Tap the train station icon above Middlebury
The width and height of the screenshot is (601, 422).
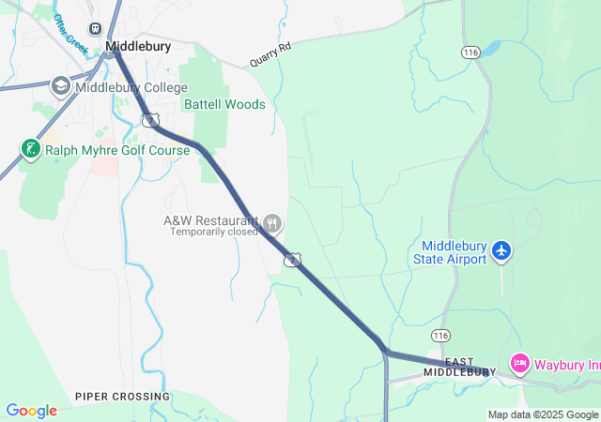95,28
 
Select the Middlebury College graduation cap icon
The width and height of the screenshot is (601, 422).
61,86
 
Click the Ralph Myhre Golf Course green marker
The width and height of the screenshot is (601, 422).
30,148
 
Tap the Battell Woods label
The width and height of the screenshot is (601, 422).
224,105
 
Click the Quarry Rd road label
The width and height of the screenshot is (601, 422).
271,54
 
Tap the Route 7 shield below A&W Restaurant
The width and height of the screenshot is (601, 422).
293,259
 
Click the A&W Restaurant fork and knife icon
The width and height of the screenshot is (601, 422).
273,223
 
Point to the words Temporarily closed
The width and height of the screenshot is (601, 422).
213,232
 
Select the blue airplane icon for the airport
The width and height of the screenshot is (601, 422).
501,250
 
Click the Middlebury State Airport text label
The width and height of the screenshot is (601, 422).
451,252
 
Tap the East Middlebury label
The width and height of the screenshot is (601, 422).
458,367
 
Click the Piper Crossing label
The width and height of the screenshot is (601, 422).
123,397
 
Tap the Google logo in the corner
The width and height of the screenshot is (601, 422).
31,411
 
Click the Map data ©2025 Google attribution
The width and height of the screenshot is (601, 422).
542,414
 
